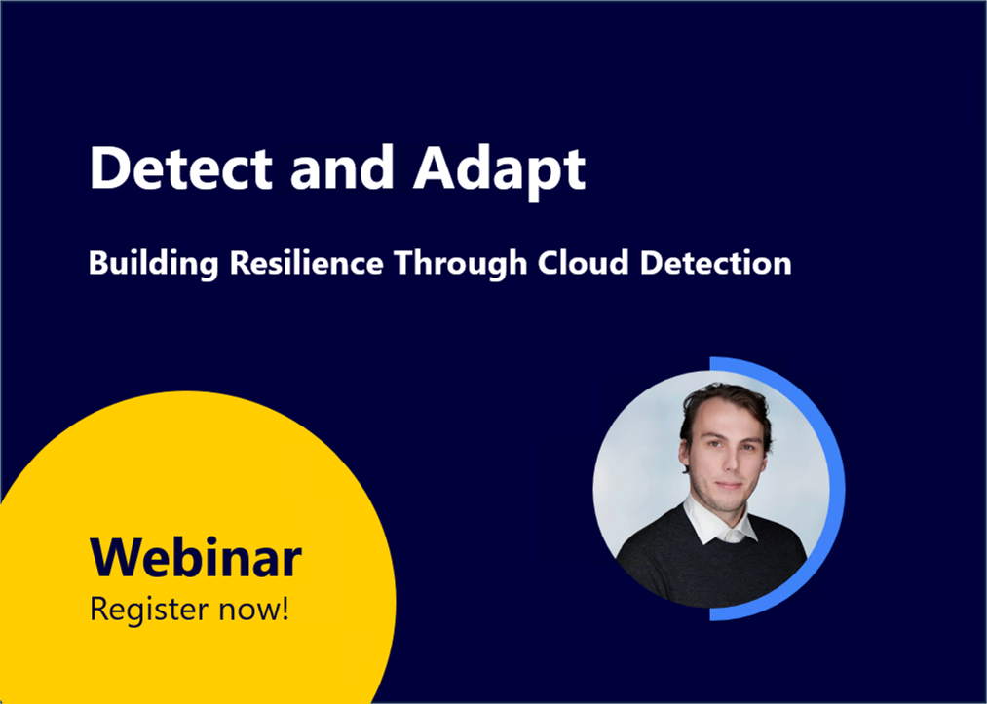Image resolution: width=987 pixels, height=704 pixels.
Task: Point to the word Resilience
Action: click(298, 263)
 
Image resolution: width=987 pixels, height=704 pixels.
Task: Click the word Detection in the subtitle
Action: click(715, 263)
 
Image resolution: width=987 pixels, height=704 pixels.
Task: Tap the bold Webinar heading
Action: click(195, 558)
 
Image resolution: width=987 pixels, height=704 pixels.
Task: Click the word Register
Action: click(146, 611)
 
